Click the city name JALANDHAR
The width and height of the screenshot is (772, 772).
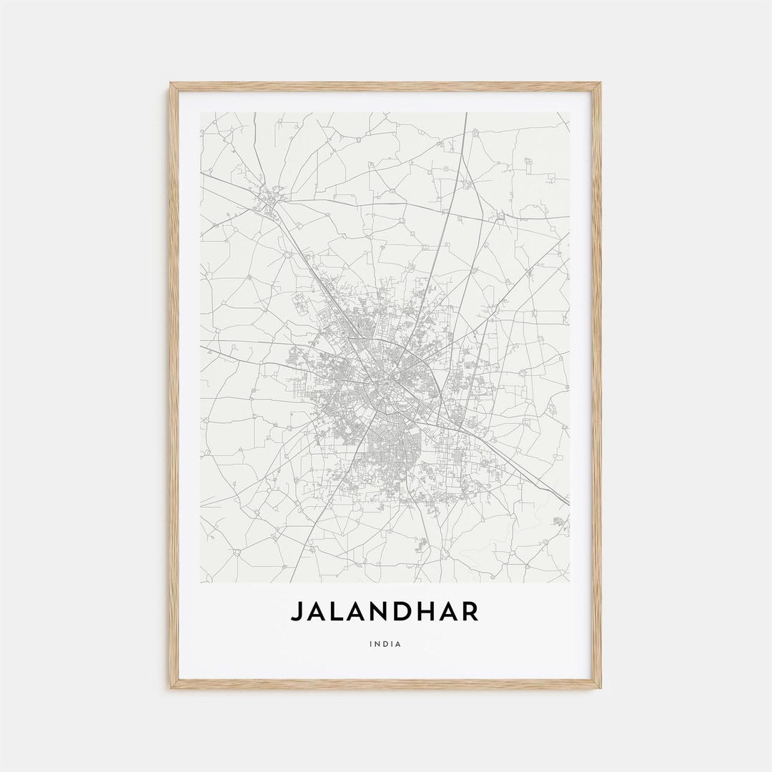[x=385, y=612]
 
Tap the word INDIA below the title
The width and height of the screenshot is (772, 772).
[x=385, y=644]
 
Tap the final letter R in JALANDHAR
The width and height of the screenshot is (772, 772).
[x=470, y=612]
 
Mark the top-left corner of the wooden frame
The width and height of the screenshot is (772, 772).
[x=171, y=84]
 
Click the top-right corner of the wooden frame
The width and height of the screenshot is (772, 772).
[x=600, y=84]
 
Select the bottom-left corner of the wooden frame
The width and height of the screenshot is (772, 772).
[x=171, y=688]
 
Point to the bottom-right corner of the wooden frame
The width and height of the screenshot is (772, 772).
[x=600, y=688]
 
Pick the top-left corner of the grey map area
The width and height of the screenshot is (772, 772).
[x=201, y=112]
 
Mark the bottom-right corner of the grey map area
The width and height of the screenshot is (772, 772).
[x=569, y=582]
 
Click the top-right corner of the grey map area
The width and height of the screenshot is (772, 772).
[x=569, y=112]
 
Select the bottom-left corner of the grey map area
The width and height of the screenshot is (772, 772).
[x=201, y=582]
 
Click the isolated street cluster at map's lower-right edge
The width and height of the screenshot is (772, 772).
[x=559, y=521]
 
